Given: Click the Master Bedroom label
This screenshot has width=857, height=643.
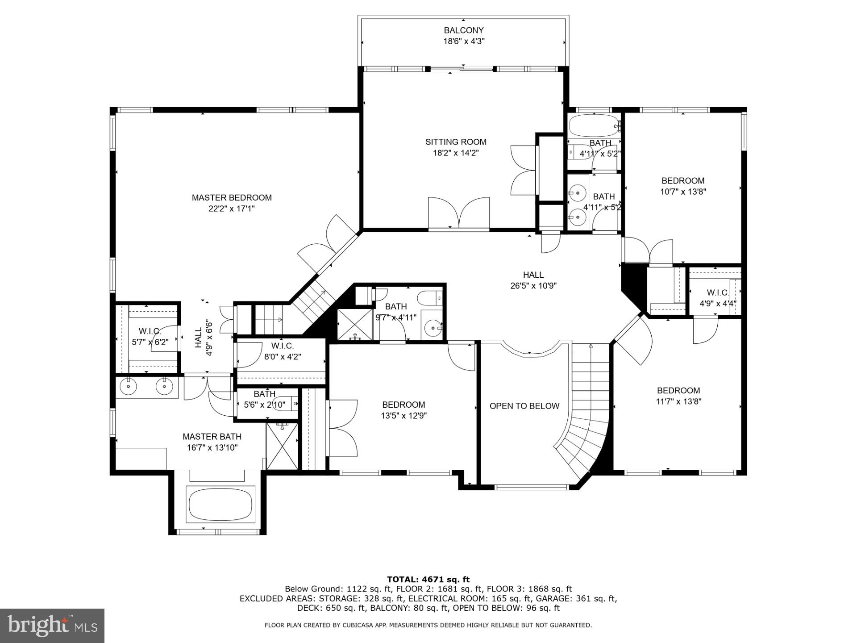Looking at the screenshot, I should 232,198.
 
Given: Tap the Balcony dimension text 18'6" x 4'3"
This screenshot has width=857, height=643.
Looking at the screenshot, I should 463,42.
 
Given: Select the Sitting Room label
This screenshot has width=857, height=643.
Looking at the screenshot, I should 455,142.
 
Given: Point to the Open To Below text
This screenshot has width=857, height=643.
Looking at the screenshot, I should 524,406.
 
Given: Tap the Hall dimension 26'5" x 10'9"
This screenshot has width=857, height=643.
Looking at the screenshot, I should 533,286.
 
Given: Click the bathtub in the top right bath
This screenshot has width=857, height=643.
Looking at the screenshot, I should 594,126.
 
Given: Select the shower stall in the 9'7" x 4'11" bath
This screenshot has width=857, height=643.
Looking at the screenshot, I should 354,324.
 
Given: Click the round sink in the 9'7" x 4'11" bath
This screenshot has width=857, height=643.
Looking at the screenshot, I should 432,329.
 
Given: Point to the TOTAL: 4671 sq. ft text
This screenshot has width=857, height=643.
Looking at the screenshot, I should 428,580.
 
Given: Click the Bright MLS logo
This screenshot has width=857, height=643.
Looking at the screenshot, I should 52,626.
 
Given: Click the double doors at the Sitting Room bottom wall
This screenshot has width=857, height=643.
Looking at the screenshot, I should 458,214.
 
